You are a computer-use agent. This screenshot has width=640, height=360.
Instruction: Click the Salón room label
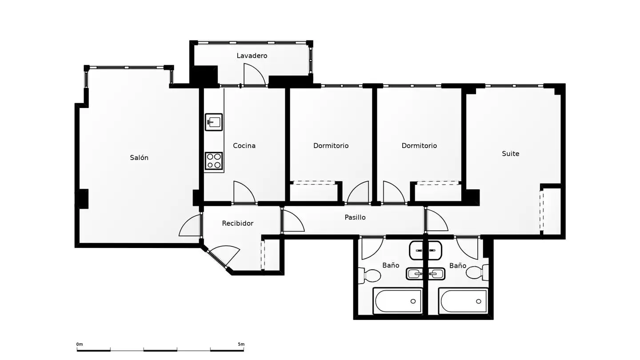point(139,157)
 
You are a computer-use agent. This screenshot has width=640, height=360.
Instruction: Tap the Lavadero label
point(252,56)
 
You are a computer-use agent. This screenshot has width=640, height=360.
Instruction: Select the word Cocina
point(244,145)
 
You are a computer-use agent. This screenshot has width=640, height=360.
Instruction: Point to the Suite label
point(510,153)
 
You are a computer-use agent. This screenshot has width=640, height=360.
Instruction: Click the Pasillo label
point(355,217)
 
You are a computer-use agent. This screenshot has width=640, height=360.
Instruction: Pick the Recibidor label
point(237,223)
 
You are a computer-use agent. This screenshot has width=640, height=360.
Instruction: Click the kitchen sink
point(214,122)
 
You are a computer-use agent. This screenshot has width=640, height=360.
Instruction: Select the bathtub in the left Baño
point(398,301)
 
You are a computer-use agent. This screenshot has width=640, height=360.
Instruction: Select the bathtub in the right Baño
point(463,301)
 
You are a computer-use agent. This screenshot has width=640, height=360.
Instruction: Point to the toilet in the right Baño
point(477,272)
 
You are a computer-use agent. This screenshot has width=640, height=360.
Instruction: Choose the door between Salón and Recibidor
point(191,225)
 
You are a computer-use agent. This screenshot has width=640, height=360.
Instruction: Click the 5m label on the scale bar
point(241,344)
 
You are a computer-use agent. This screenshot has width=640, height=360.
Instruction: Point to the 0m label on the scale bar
point(80,344)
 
